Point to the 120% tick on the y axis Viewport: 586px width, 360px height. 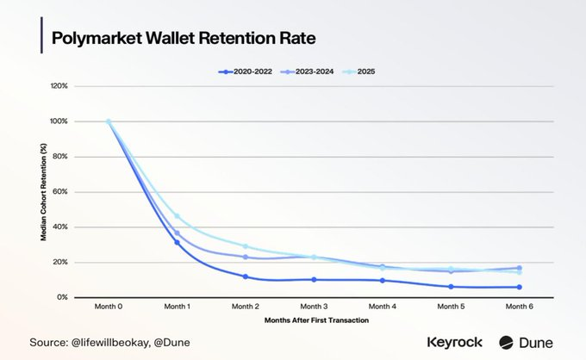coord(59,86)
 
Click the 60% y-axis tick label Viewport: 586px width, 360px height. coord(60,192)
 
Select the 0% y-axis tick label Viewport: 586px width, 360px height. coord(62,297)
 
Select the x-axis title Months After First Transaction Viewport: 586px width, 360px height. coord(314,320)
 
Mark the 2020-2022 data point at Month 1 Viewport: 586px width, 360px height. coord(178,242)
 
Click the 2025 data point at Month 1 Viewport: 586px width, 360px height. coord(178,216)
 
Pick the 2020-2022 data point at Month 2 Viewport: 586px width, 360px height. coord(246,276)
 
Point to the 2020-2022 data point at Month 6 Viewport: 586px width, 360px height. coord(520,287)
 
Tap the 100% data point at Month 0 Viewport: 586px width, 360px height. coord(109,121)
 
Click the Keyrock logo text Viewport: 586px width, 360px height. coord(454,342)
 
